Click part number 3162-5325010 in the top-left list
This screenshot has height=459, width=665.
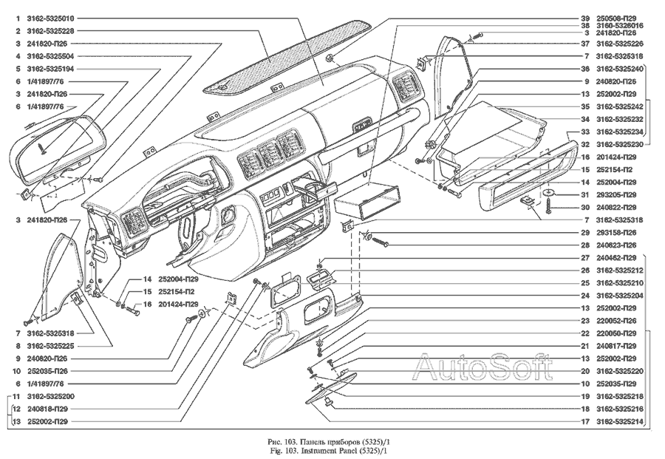(50, 18)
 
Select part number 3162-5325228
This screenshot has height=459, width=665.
(50, 31)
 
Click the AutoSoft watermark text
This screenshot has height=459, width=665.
(482, 367)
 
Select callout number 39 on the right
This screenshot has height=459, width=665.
(585, 18)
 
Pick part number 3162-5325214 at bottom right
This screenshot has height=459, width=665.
(620, 421)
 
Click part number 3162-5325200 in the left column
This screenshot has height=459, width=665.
(50, 397)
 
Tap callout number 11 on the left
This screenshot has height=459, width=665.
(16, 397)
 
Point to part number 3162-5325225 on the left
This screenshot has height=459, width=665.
(50, 346)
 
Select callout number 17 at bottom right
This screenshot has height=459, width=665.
(585, 421)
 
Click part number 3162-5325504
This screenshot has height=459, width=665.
(50, 56)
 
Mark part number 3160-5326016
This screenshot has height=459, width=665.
(620, 25)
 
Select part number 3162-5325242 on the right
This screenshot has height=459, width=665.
(620, 107)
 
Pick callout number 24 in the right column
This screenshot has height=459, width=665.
(585, 296)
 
